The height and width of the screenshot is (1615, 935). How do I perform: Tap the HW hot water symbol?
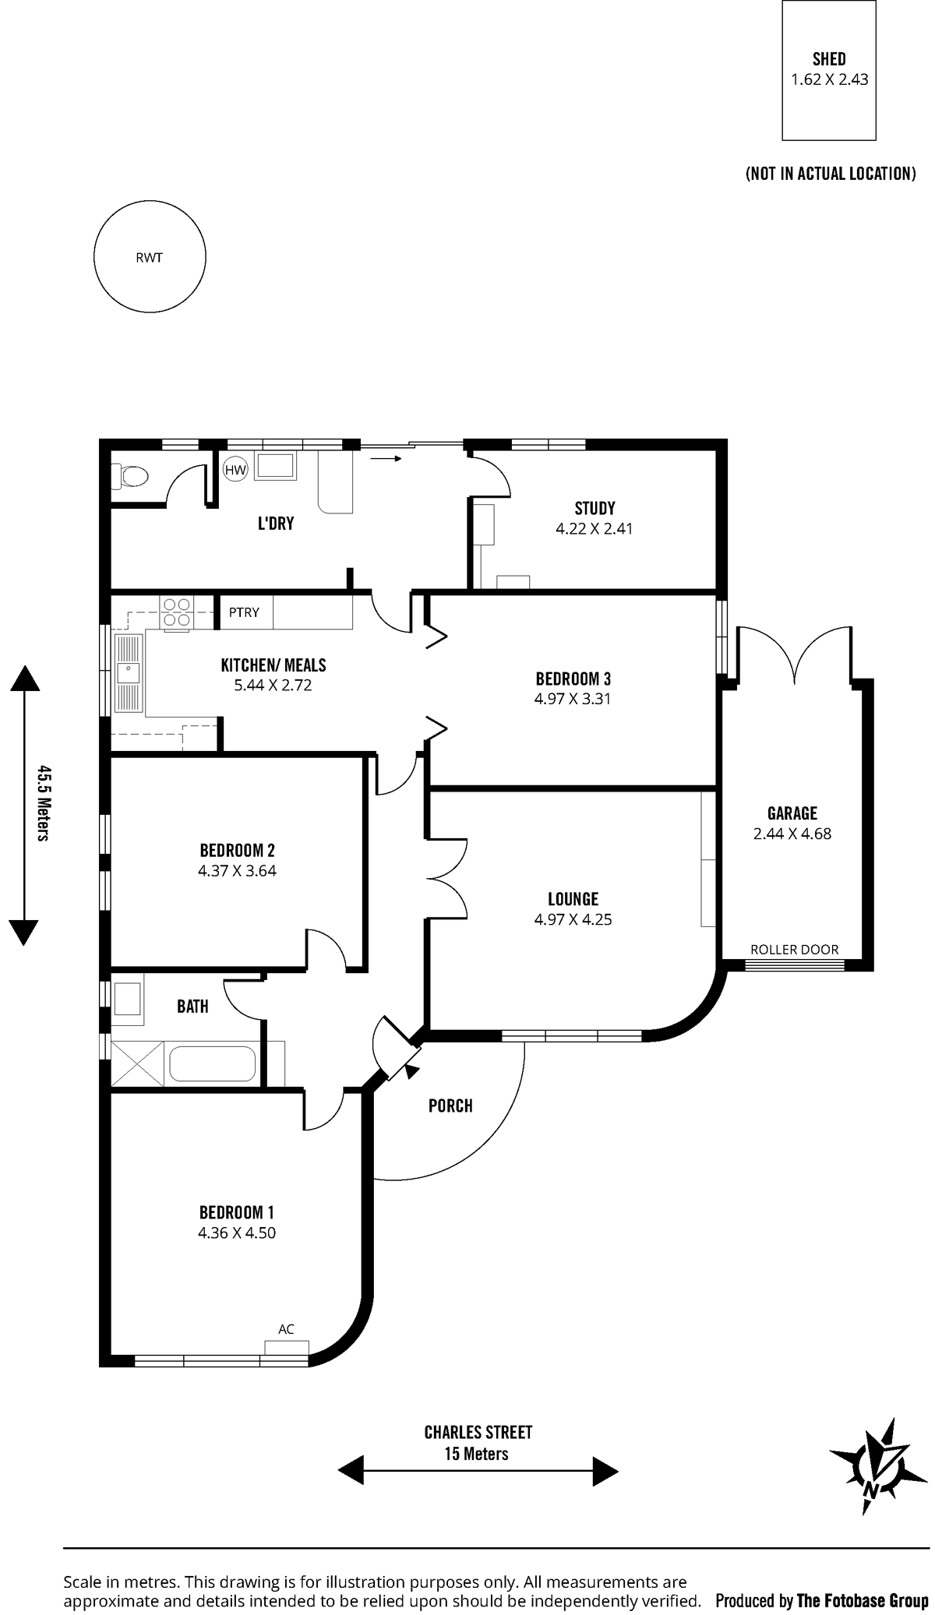(235, 470)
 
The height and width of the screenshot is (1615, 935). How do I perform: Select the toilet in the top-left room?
(129, 474)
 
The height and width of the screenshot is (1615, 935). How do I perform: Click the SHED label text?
(829, 58)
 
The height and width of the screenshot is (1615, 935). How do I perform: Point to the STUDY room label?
(595, 509)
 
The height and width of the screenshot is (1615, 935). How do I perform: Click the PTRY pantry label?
(244, 612)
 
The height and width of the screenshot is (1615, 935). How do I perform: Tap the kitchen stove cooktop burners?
(177, 612)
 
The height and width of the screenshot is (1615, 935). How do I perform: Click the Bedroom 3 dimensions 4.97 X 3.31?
(573, 699)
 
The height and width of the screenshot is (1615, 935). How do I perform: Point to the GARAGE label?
(792, 813)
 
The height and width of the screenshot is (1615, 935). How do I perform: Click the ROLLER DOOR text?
(795, 949)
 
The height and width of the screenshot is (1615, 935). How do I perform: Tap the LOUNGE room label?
(573, 899)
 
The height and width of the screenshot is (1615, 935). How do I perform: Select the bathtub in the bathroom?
(213, 1063)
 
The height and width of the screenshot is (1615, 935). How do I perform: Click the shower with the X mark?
(138, 1063)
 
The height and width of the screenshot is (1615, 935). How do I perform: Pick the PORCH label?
(450, 1105)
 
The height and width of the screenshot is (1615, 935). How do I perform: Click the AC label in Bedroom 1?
(286, 1329)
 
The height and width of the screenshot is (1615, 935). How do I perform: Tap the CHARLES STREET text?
(478, 1432)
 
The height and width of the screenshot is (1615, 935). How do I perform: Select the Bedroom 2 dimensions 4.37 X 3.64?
(237, 871)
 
